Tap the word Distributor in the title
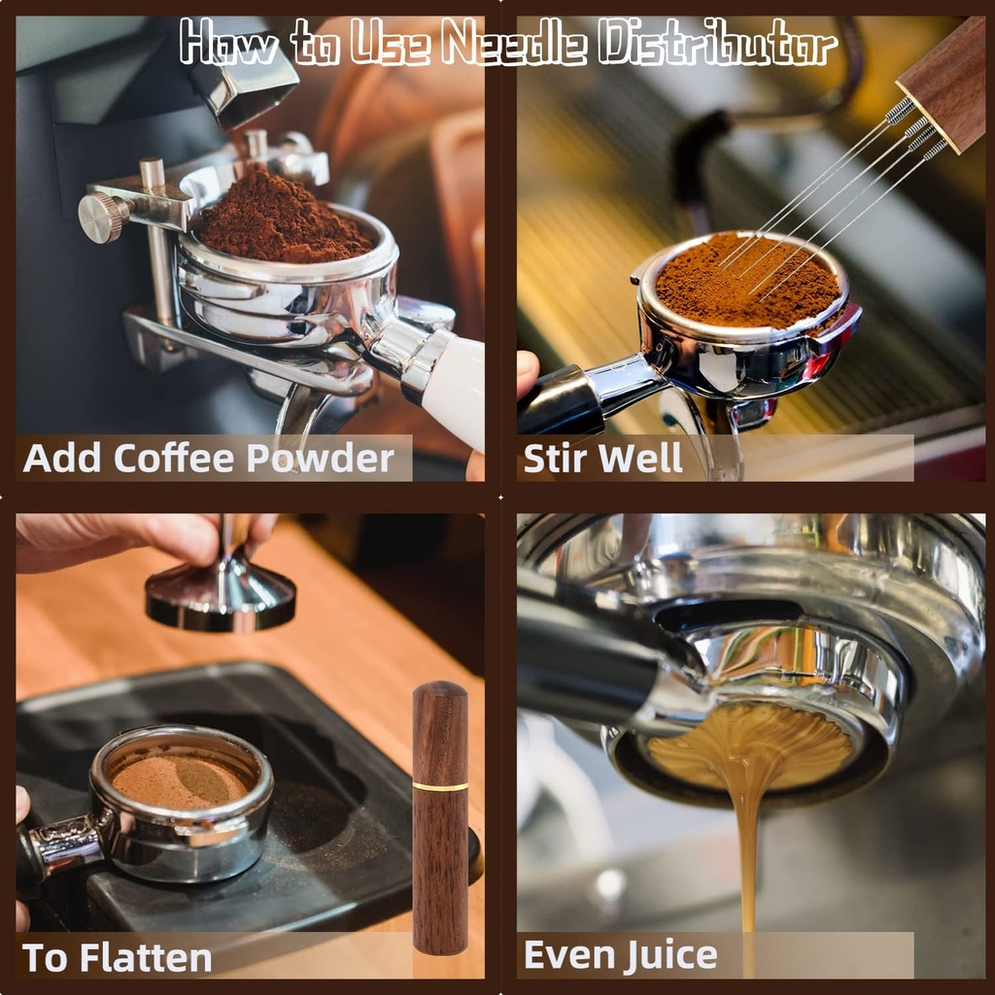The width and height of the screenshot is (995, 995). pyautogui.click(x=717, y=44)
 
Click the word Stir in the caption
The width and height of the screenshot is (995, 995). pyautogui.click(x=559, y=459)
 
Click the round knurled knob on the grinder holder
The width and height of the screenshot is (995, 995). pyautogui.click(x=99, y=217)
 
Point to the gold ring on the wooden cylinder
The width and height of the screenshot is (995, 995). pyautogui.click(x=439, y=785)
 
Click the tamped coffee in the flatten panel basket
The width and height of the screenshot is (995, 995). pyautogui.click(x=181, y=778)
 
